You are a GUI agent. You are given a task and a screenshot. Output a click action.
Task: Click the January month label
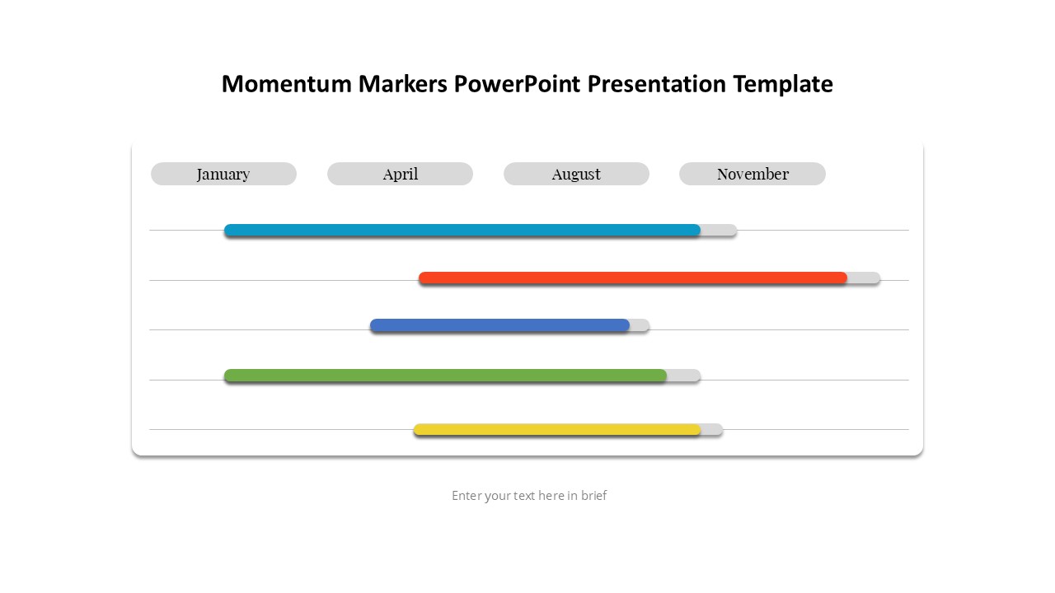click(223, 174)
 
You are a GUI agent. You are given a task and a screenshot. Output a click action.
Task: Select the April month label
click(400, 174)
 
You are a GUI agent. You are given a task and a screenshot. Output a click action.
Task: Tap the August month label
click(576, 174)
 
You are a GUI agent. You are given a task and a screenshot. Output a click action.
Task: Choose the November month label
click(753, 174)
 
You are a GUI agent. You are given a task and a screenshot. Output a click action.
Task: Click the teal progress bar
click(462, 230)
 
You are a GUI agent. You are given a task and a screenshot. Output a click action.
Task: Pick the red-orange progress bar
click(632, 278)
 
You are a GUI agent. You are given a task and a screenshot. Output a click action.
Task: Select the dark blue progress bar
click(499, 325)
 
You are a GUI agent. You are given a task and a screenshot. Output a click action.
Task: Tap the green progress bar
click(445, 376)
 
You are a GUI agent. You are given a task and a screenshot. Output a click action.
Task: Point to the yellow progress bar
click(556, 429)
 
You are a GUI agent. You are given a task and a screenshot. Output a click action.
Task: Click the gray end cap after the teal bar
click(720, 230)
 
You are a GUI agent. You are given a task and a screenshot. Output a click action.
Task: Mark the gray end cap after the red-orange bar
click(865, 278)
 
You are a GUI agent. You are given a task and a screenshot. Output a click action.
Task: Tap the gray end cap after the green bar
click(685, 376)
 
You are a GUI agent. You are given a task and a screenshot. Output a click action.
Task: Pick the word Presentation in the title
click(657, 84)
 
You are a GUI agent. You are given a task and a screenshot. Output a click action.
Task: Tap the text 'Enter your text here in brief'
click(529, 496)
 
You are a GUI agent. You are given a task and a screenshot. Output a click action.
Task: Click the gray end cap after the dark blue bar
click(640, 325)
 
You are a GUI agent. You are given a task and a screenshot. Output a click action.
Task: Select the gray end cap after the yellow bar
click(713, 429)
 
